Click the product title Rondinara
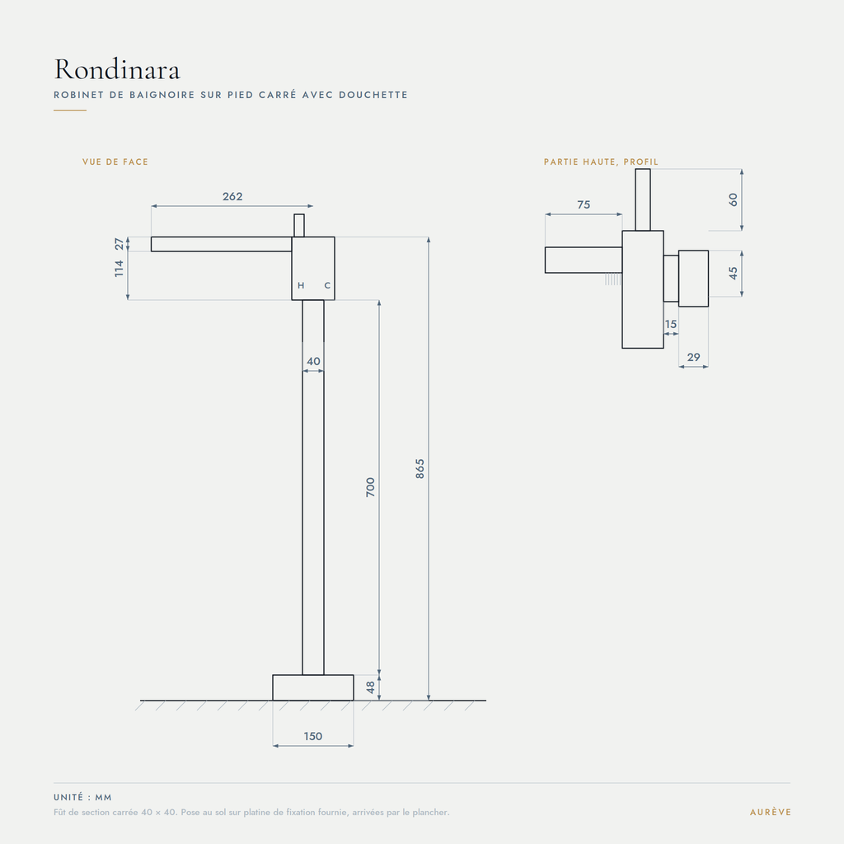coord(117,69)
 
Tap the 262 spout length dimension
coord(232,196)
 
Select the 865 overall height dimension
coord(420,469)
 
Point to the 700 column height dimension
coord(370,487)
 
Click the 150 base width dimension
coord(312,736)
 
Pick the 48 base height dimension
coord(370,687)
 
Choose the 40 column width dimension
coord(313,361)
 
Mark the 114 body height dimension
coord(119,269)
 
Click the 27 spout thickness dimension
coord(119,244)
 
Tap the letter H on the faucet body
coord(301,285)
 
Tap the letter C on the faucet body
coord(327,285)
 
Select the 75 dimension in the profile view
coord(584,204)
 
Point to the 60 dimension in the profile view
coord(733,199)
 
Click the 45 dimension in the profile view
coord(733,274)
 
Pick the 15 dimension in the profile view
coord(671,324)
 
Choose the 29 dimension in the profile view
coord(693,357)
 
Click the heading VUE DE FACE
coord(115,162)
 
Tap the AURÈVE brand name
coord(771,812)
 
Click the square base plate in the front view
coord(312,687)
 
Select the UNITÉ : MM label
coord(82,797)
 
